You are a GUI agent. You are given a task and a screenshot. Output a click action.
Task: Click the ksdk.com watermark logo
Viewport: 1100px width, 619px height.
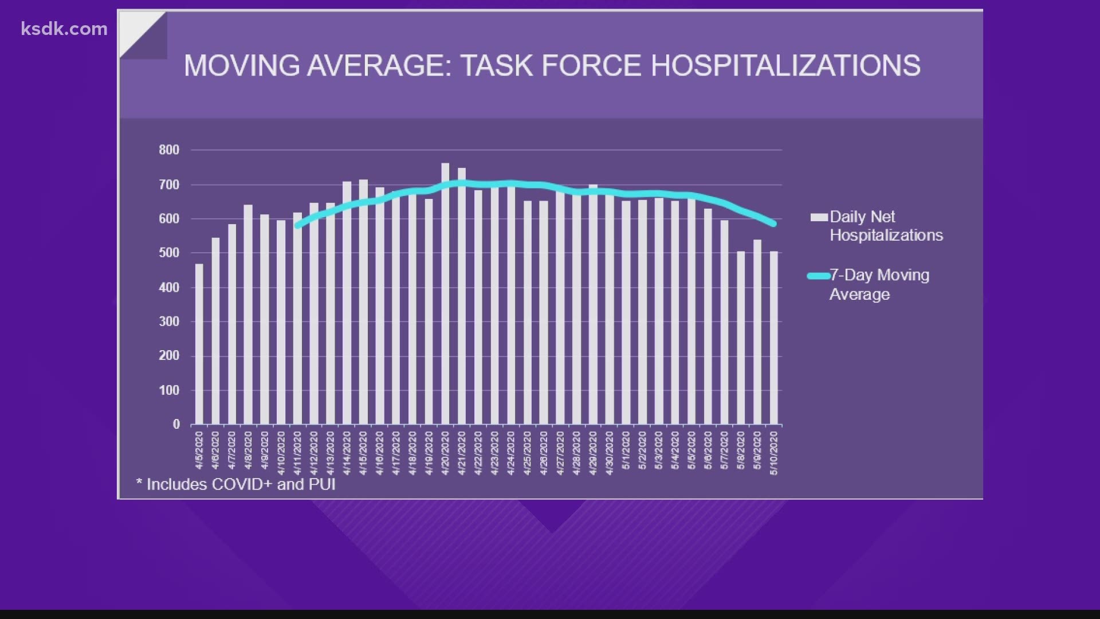pyautogui.click(x=64, y=29)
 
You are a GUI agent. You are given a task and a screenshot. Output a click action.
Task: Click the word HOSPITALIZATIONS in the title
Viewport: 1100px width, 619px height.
pyautogui.click(x=785, y=66)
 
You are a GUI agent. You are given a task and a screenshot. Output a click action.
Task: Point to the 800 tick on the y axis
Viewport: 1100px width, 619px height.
pyautogui.click(x=169, y=150)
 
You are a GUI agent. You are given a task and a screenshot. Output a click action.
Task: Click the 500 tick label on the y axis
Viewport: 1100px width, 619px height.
pyautogui.click(x=169, y=253)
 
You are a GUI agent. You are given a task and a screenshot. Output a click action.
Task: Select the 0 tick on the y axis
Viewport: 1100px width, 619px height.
pyautogui.click(x=176, y=425)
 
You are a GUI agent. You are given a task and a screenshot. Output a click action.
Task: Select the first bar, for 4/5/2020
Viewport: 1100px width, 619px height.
pyautogui.click(x=199, y=344)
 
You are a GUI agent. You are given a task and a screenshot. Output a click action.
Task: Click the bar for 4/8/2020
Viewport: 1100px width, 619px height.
pyautogui.click(x=248, y=315)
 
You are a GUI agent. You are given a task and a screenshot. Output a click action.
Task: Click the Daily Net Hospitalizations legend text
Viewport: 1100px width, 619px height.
pyautogui.click(x=886, y=226)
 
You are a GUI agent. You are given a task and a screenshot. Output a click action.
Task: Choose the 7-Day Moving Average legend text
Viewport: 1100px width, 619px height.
pyautogui.click(x=879, y=284)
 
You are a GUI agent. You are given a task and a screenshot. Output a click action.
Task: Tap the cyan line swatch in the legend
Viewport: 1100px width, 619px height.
pyautogui.click(x=818, y=276)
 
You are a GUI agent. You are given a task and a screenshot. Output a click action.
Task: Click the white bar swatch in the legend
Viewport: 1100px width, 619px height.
pyautogui.click(x=819, y=217)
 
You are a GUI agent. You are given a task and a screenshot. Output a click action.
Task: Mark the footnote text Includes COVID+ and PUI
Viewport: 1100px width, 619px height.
pyautogui.click(x=236, y=485)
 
